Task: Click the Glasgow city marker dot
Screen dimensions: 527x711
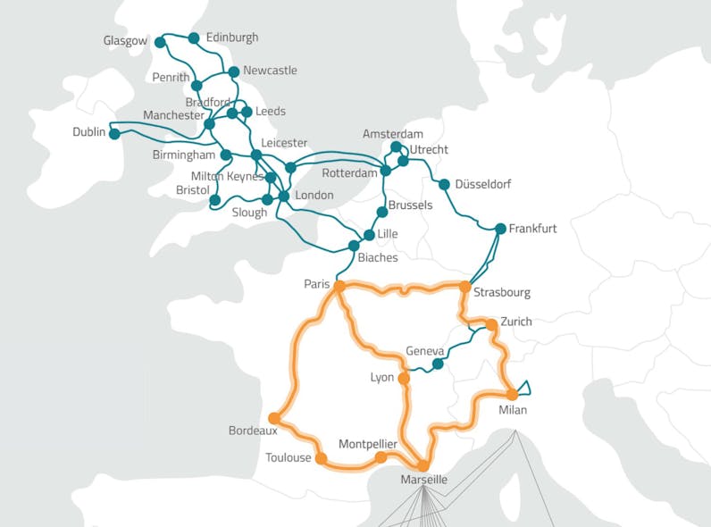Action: tap(160, 42)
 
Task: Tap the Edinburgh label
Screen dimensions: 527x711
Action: tap(231, 38)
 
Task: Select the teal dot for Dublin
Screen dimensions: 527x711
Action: tap(113, 133)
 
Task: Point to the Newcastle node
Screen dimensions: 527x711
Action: tap(234, 71)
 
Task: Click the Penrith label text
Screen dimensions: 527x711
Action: tap(171, 78)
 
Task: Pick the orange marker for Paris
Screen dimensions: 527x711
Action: tap(339, 286)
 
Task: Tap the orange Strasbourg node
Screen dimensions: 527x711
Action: tap(464, 287)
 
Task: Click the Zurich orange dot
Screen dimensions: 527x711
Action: tap(491, 324)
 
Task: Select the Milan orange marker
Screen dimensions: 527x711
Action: tap(512, 394)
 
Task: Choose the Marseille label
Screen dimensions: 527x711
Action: tap(422, 481)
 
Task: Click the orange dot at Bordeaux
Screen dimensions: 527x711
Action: tap(274, 417)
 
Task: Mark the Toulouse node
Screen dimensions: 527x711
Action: tap(322, 458)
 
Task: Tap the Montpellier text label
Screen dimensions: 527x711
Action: tap(368, 444)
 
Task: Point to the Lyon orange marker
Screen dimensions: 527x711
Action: tap(404, 379)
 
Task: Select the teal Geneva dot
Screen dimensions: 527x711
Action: tap(438, 364)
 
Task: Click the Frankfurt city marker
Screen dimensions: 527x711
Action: tap(500, 229)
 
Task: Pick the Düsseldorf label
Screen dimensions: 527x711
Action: tap(482, 185)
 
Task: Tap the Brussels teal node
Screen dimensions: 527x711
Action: tap(381, 213)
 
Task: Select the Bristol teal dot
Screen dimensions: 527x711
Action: tap(214, 200)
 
